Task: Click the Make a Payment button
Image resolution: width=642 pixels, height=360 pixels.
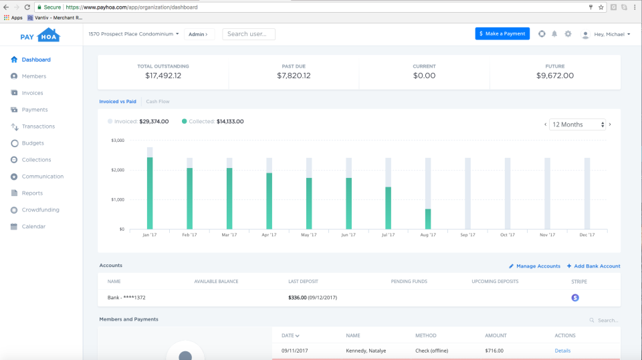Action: (x=502, y=33)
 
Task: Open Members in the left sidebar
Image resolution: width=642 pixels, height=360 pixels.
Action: (x=33, y=76)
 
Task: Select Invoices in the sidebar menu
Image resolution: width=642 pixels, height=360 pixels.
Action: (x=32, y=93)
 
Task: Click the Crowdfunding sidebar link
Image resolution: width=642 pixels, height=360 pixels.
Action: (x=40, y=210)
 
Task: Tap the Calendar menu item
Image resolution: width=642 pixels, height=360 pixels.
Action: (x=33, y=227)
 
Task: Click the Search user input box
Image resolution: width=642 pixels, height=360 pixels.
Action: (x=249, y=34)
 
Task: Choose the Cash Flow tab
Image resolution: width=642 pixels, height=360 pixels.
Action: (x=158, y=102)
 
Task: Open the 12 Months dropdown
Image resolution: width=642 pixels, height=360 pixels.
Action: (x=577, y=124)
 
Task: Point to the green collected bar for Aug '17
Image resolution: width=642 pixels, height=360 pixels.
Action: (x=428, y=219)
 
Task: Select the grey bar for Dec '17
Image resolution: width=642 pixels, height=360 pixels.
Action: (x=587, y=194)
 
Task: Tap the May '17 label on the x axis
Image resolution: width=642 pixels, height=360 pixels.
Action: (x=309, y=235)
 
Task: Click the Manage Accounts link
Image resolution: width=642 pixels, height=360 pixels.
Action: (x=534, y=266)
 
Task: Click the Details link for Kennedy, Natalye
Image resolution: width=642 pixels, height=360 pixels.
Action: (x=562, y=351)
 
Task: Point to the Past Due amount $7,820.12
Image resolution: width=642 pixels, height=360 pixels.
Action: (x=294, y=76)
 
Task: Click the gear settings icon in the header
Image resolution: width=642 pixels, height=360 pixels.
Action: (x=568, y=34)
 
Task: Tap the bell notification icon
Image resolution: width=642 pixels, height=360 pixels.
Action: (x=554, y=34)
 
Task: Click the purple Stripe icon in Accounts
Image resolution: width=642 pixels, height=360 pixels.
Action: (x=575, y=298)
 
